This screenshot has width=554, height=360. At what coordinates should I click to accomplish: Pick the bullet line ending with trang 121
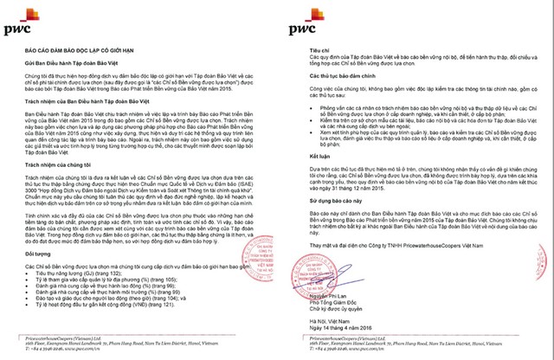107,305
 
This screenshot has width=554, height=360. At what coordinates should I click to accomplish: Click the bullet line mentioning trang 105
103,280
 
